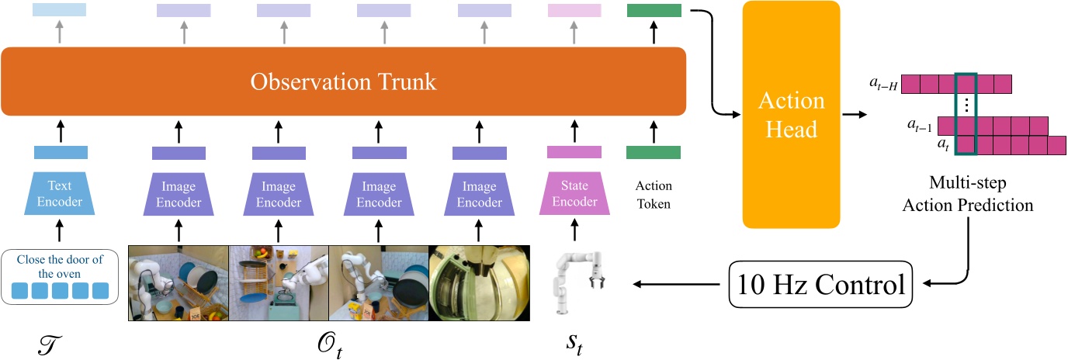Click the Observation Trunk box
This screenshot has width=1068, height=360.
pos(343,80)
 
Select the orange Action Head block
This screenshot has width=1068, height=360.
pos(792,114)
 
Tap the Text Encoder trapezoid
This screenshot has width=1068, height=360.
pos(61,192)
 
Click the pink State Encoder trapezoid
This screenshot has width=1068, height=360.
pos(575,192)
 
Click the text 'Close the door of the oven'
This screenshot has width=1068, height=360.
pos(60,265)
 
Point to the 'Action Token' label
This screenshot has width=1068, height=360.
pos(654,196)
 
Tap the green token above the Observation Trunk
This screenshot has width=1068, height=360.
pos(654,11)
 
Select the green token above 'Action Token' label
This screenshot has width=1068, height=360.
pos(654,152)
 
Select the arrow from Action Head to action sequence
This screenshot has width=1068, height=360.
pos(858,114)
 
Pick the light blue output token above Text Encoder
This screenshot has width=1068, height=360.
pos(61,10)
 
